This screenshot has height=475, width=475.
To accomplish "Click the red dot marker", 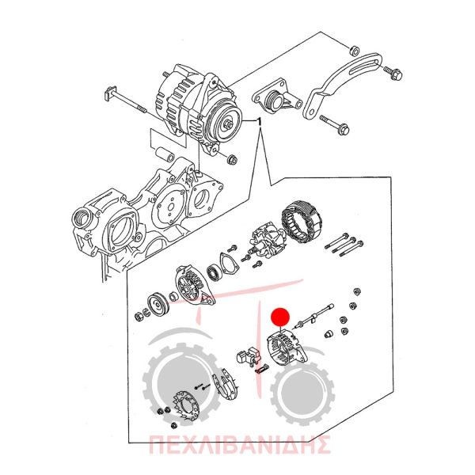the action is [x=280, y=317].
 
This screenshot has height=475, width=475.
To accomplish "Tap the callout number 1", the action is [x=258, y=122].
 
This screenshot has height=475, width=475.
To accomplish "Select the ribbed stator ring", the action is [x=302, y=218].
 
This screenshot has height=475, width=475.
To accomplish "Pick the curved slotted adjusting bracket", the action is [x=340, y=85].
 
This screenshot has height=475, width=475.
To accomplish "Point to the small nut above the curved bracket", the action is [x=354, y=51].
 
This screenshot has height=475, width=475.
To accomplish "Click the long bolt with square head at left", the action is [x=125, y=101].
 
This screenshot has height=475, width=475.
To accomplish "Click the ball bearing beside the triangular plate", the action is [x=215, y=272].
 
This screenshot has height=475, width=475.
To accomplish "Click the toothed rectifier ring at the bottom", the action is [x=185, y=407].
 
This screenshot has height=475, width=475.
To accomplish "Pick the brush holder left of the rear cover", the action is [x=248, y=355].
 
